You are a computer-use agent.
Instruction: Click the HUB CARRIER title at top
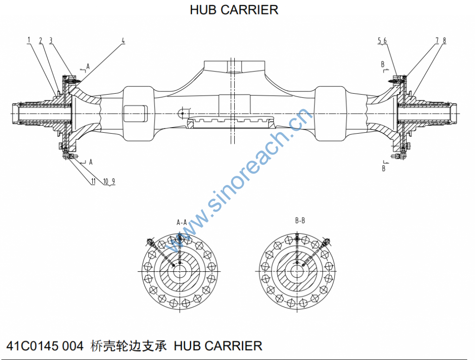[234, 10]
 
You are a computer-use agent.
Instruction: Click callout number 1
[29, 40]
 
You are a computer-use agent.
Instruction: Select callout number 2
[40, 40]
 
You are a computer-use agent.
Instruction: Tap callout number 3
[51, 40]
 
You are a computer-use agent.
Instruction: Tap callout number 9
[113, 181]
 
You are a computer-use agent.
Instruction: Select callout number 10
[105, 181]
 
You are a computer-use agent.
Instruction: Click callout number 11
[93, 181]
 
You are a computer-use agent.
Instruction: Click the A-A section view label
[181, 222]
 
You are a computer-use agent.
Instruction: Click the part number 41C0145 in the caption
[33, 346]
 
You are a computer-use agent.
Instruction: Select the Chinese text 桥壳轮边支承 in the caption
[129, 346]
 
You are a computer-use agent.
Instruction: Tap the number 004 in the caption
[73, 346]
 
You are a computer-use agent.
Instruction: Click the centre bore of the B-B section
[296, 271]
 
